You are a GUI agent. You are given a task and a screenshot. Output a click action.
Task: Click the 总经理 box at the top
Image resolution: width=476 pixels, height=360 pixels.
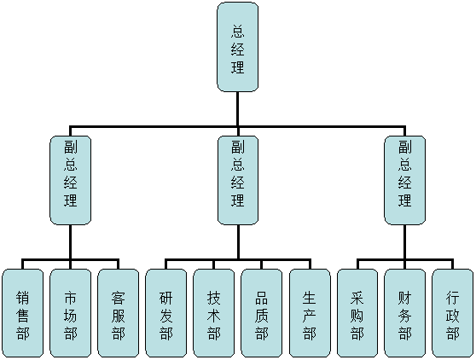[x=237, y=47]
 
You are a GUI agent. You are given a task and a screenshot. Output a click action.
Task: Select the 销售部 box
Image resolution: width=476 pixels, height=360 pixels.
[x=23, y=313]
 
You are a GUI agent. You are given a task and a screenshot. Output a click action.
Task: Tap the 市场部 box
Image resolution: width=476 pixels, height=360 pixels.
[x=71, y=313]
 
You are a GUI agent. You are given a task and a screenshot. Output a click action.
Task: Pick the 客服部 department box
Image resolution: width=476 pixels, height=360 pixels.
[x=118, y=313]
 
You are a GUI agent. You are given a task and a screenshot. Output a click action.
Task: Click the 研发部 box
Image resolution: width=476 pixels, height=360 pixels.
[x=166, y=313]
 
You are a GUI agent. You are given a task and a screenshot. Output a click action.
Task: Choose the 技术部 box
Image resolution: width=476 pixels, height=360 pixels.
[x=214, y=313]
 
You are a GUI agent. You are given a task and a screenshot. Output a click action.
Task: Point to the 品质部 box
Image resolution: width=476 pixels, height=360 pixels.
[x=261, y=313]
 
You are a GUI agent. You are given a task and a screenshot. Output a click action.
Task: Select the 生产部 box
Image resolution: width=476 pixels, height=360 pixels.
[x=310, y=313]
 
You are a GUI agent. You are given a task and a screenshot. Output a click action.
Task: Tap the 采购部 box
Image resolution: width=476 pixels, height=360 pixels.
[x=357, y=313]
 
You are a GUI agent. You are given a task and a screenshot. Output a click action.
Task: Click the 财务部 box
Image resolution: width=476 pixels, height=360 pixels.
[x=405, y=313]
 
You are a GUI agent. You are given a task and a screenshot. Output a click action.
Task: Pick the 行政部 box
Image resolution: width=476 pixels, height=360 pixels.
[x=453, y=313]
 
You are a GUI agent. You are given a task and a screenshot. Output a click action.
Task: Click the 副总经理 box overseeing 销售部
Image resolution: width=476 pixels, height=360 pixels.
[x=71, y=180]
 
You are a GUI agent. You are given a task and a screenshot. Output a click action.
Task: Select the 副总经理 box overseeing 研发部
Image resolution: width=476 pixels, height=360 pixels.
[x=238, y=180]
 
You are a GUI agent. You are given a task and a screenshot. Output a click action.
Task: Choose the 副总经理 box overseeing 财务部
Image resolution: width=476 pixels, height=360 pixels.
[x=405, y=180]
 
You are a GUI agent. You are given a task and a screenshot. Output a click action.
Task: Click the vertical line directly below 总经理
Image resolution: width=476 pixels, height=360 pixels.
[x=237, y=108]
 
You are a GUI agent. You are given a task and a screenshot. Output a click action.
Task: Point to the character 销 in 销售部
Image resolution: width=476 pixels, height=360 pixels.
[x=23, y=297]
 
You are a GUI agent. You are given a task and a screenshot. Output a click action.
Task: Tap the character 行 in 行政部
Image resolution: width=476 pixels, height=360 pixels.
[x=453, y=297]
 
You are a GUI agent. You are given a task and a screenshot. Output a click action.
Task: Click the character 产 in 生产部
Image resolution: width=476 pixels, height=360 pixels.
[x=310, y=315]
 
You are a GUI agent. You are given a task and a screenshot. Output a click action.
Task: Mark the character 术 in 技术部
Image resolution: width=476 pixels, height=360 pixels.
[x=214, y=315]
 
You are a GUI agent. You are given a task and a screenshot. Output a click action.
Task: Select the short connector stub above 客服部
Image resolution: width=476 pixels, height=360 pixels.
[x=118, y=264]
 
